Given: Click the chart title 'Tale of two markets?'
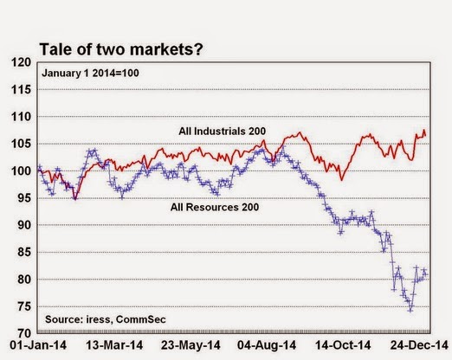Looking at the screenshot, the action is click(121, 49).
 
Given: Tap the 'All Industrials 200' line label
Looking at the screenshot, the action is click(222, 132).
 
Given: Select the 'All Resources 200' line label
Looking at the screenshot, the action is click(215, 207).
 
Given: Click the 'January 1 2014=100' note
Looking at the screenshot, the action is click(90, 73).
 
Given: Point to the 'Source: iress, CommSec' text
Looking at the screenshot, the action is click(106, 319).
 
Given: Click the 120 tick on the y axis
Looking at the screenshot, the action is click(21, 62).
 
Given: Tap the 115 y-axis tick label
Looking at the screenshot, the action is click(21, 90).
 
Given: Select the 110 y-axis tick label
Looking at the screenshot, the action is click(21, 117).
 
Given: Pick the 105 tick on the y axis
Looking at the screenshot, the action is click(21, 144).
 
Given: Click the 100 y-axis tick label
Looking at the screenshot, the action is click(21, 171).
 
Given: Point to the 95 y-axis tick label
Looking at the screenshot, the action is click(24, 198).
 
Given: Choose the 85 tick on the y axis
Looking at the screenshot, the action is click(24, 253).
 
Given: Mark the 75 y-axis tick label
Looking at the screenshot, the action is click(24, 306).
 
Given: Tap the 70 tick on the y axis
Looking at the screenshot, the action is click(24, 333).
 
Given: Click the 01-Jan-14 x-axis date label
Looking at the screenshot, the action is click(38, 345).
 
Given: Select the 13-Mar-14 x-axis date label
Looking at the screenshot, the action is click(114, 345).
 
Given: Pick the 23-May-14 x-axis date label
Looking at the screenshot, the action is click(190, 345).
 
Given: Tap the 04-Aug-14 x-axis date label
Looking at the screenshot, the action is click(267, 345).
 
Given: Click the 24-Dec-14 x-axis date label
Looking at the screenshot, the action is click(419, 345).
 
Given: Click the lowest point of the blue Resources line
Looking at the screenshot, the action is click(410, 311).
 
